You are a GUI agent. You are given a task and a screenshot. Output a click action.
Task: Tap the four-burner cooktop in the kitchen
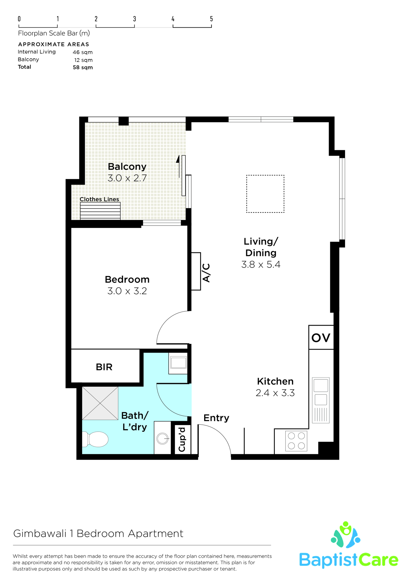296,441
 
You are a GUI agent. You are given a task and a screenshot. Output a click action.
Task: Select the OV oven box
321,337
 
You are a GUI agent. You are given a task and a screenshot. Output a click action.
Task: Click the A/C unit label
206,273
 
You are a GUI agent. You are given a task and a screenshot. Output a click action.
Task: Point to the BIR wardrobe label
104,367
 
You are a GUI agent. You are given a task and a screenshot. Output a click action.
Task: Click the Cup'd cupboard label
182,439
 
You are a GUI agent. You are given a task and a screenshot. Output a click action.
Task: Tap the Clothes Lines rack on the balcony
100,211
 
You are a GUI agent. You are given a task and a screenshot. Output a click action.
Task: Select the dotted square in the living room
265,194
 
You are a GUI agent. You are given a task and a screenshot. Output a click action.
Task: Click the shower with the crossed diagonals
100,403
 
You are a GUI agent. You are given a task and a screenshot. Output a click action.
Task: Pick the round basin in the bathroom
163,439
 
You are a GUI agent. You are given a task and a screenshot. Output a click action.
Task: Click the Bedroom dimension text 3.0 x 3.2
127,291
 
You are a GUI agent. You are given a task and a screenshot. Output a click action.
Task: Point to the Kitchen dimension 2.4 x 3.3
275,393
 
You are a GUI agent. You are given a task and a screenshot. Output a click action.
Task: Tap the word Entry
216,418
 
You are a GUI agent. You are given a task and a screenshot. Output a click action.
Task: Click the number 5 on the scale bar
212,19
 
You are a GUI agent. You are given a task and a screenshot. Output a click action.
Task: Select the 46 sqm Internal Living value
83,52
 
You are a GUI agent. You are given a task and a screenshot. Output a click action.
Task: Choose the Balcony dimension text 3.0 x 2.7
127,178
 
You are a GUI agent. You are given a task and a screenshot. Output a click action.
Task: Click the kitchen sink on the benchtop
321,400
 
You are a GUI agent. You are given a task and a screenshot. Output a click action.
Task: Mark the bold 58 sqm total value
83,68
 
